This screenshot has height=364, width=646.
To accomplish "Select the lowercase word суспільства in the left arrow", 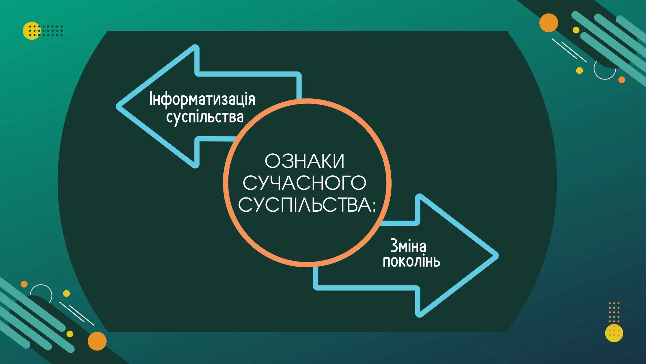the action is [x=205, y=117].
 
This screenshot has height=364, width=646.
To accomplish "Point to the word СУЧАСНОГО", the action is [x=304, y=183].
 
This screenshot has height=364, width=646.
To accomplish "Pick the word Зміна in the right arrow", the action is [x=408, y=246].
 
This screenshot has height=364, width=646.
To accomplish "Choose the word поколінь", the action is [x=411, y=261].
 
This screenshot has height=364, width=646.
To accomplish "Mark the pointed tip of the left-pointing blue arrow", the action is [x=118, y=106].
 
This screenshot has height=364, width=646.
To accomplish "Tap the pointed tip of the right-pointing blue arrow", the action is [x=497, y=256].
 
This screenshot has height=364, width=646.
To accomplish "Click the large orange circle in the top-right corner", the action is [x=549, y=23].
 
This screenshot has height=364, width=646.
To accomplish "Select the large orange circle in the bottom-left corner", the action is [x=97, y=341].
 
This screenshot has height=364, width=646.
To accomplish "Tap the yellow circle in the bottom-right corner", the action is [x=614, y=333].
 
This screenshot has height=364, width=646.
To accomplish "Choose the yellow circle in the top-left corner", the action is [x=32, y=31].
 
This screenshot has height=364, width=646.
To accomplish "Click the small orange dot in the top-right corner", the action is [x=622, y=80].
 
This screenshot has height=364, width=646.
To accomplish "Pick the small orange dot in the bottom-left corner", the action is [x=24, y=284].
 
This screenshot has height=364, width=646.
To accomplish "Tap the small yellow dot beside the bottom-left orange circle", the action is [x=70, y=334].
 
